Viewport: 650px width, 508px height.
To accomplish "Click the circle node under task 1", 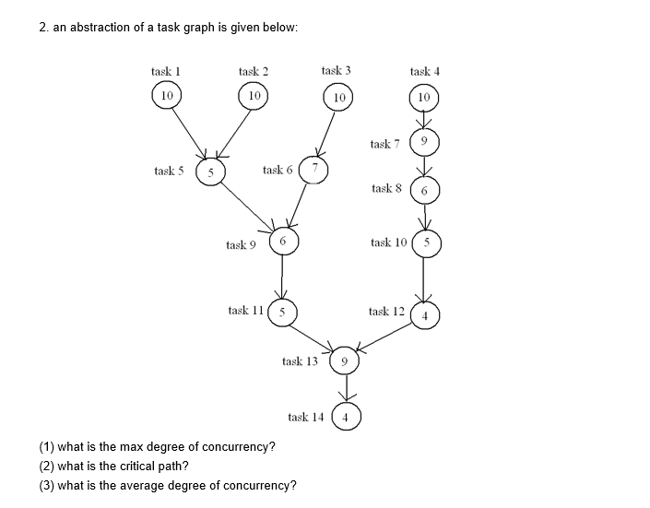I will [166, 95].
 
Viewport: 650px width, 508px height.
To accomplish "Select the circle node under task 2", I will [254, 95].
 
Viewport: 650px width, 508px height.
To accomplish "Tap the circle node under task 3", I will [338, 97].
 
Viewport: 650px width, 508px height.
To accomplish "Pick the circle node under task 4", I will [423, 97].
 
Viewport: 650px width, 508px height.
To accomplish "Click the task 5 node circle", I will [211, 172].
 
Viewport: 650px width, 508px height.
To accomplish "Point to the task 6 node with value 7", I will [314, 169].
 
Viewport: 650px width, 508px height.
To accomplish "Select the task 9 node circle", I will [283, 242].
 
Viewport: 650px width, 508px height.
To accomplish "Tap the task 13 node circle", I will [343, 361].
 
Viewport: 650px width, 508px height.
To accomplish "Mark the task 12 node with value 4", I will [425, 313].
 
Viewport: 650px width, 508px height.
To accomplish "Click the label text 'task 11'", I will [245, 311].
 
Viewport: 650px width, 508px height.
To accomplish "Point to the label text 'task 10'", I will [387, 242].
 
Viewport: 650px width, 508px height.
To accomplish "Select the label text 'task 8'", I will [386, 188].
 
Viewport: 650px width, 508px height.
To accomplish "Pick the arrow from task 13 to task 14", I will [344, 389].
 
